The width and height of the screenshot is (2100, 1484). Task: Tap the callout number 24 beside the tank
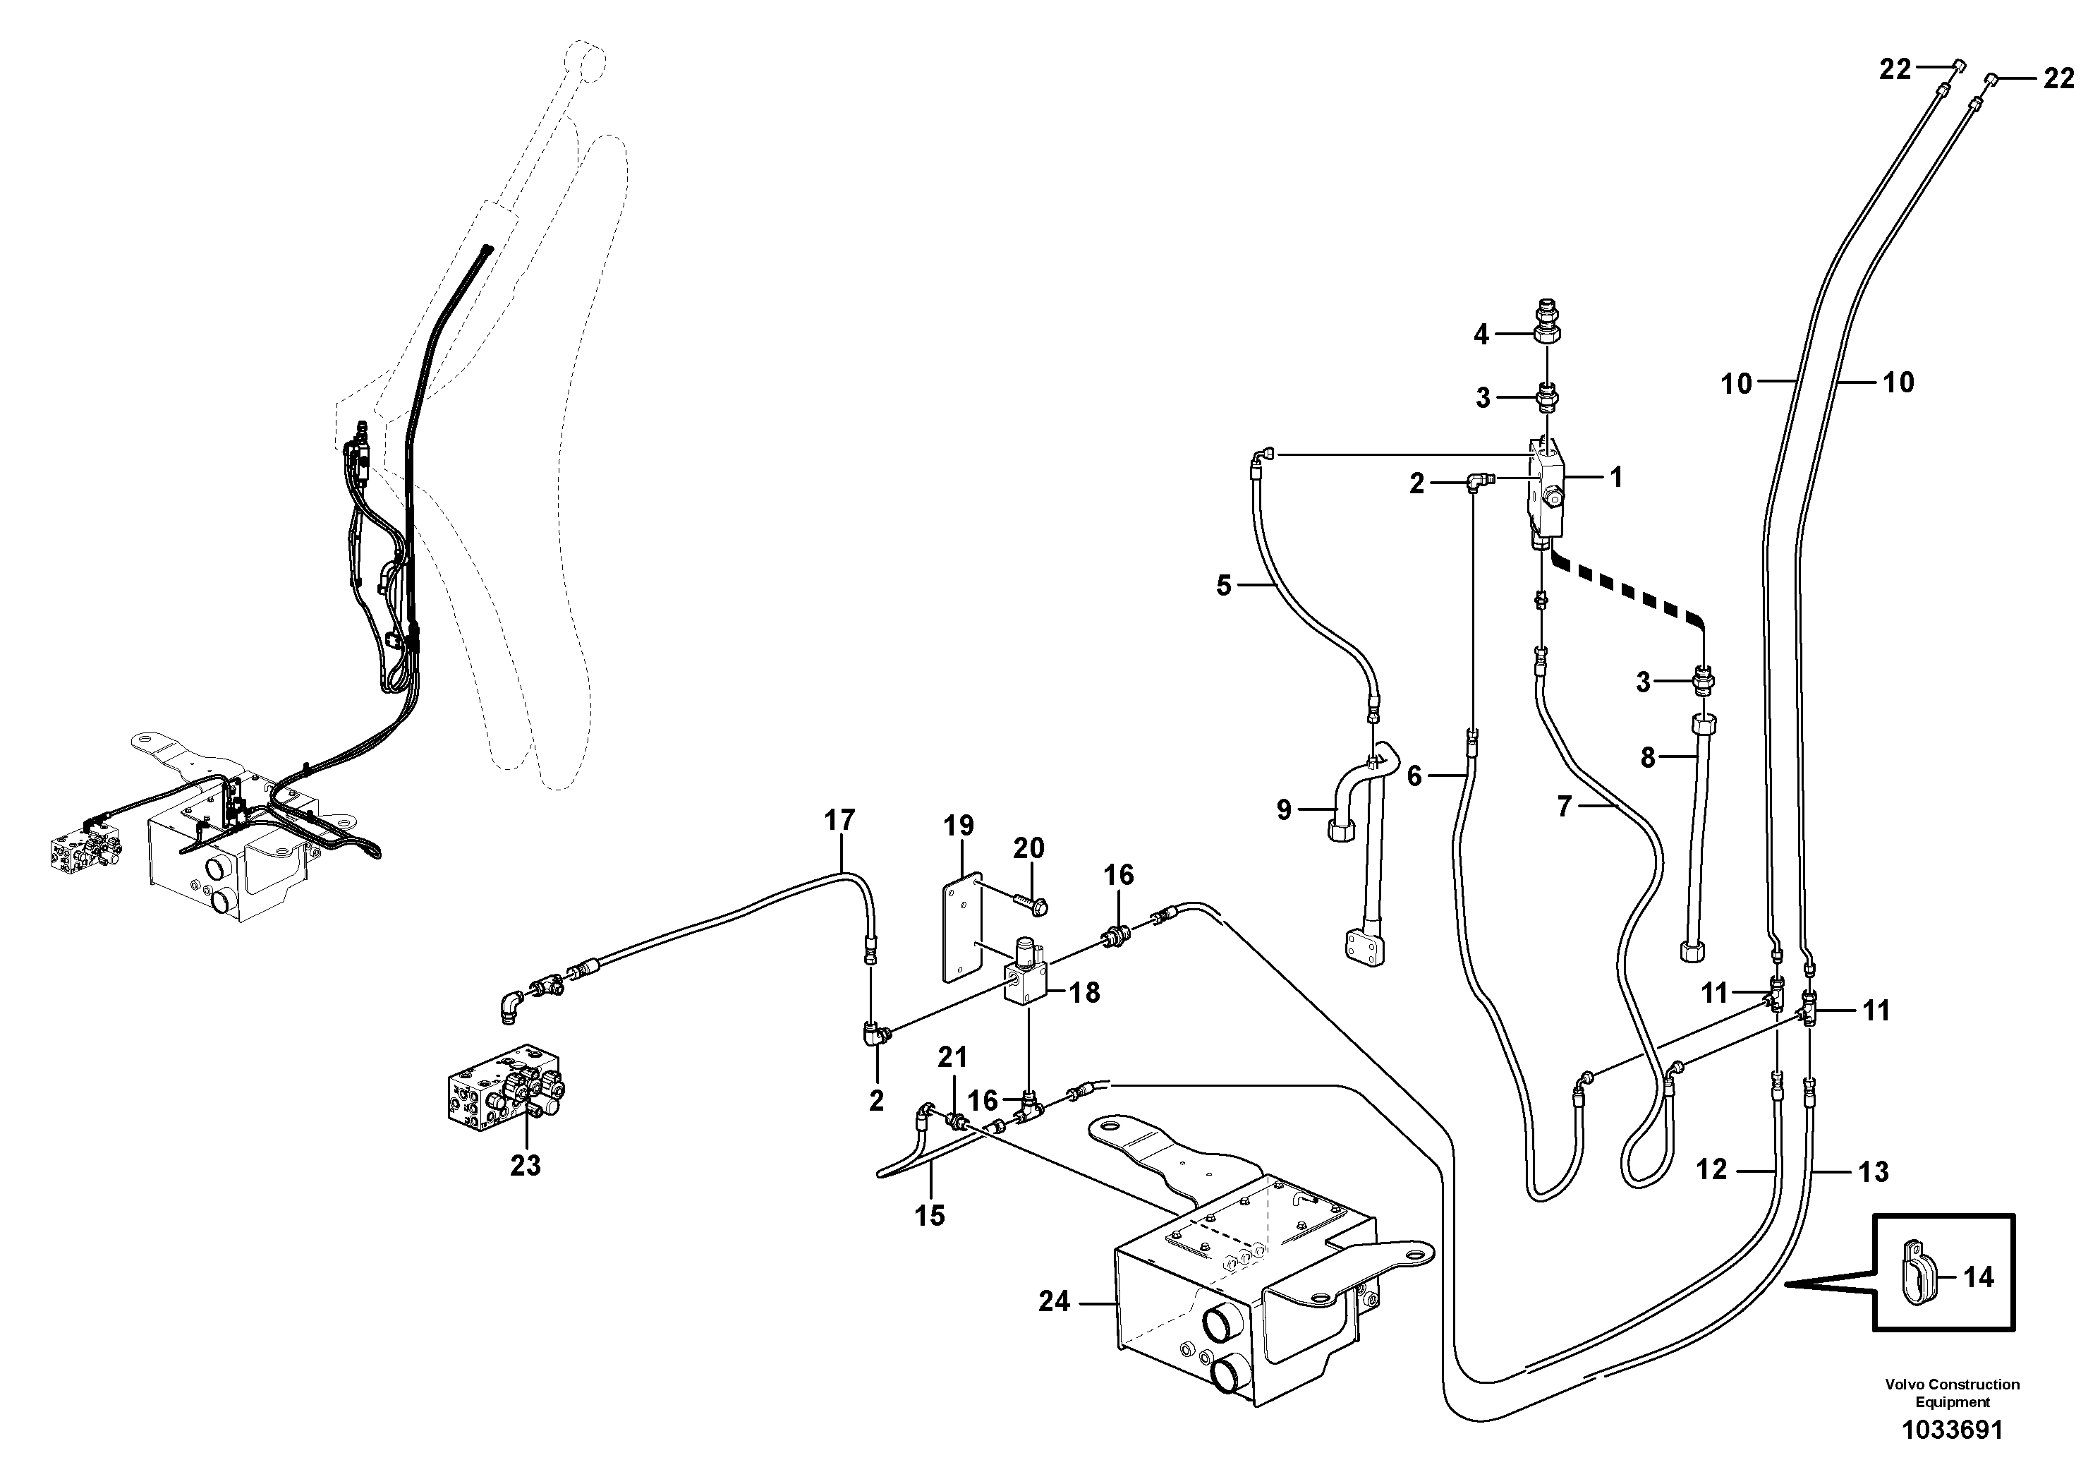1054,1301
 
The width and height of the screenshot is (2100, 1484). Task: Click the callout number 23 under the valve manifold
525,1166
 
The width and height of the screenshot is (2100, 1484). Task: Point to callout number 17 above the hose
839,821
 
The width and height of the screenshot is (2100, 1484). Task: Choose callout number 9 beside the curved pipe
1283,809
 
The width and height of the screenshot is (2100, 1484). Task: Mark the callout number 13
1872,1171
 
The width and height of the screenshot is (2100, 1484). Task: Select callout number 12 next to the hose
1711,1169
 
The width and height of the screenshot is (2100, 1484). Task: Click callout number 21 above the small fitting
952,1058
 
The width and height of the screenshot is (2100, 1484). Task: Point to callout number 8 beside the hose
1648,758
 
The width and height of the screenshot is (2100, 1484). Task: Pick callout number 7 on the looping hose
1564,807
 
